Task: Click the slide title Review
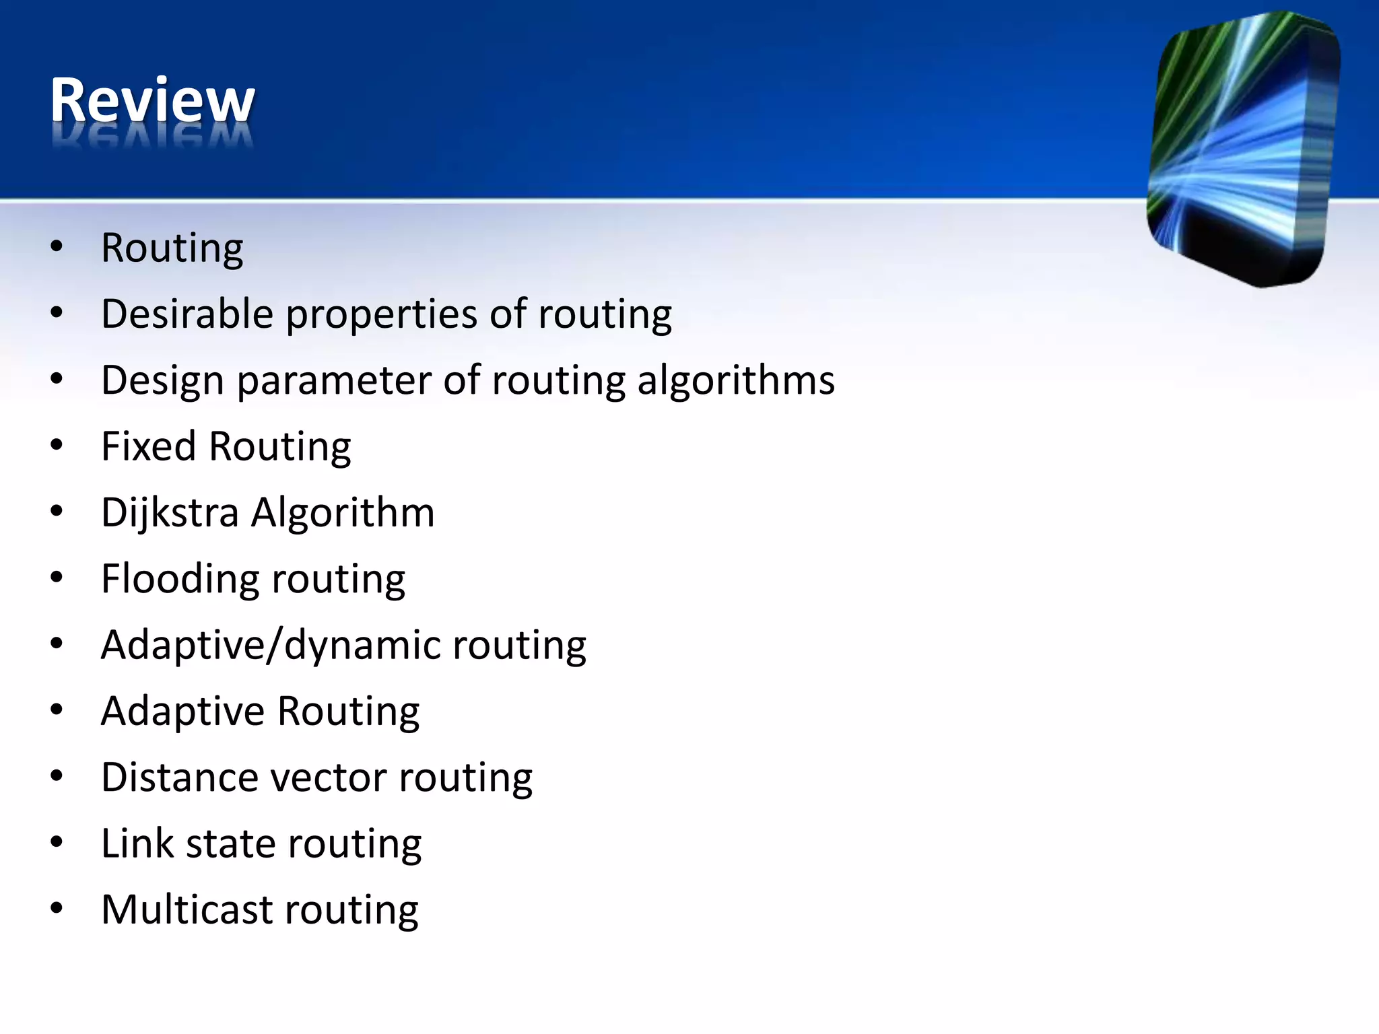coord(152,101)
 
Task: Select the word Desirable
coord(187,314)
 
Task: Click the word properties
coord(382,315)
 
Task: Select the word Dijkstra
coord(170,513)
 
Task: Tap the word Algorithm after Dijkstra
coord(343,513)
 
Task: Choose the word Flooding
coord(180,579)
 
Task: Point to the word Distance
coord(180,777)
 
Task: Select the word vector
coord(329,777)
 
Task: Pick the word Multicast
coord(187,909)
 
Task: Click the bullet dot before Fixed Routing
coord(57,445)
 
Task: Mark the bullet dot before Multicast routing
coord(57,908)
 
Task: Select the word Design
coord(162,381)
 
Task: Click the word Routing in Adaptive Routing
coord(348,712)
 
